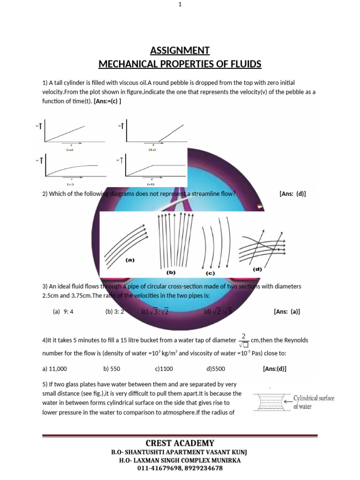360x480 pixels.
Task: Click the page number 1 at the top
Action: (180, 5)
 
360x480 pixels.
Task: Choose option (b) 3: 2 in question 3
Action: (114, 311)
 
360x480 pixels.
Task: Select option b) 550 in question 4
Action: (112, 369)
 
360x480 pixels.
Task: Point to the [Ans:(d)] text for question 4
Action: (275, 369)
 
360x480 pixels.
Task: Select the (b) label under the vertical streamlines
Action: (171, 271)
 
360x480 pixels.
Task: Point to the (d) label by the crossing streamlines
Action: (257, 269)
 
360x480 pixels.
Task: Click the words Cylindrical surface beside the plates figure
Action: (314, 398)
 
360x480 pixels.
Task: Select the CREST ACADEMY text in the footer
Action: (180, 443)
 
